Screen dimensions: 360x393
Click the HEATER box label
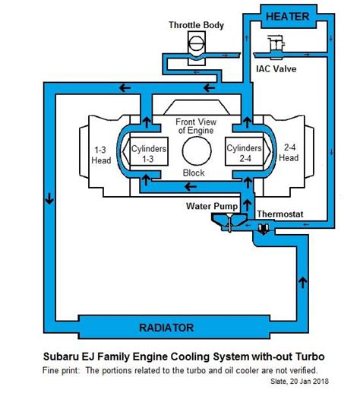[x=287, y=17]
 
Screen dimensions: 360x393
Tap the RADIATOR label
[x=166, y=328]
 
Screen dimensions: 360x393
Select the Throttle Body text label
[x=196, y=25]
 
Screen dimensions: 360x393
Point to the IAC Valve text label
[x=276, y=69]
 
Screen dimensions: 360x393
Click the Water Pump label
[x=212, y=206]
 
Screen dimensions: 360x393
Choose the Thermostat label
[x=280, y=214]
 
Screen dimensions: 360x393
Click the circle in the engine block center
[x=197, y=151]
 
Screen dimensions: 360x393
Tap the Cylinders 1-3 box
[x=149, y=151]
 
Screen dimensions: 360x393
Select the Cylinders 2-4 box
[x=245, y=151]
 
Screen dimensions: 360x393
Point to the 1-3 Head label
[x=101, y=155]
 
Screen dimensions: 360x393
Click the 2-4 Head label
[x=289, y=153]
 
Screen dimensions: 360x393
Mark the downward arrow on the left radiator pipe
[x=49, y=198]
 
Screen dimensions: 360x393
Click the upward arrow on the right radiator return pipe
[x=303, y=282]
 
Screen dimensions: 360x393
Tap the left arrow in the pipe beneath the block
[x=191, y=187]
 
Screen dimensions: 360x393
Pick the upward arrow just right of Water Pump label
[x=248, y=204]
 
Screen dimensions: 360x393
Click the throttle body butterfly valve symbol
[x=197, y=44]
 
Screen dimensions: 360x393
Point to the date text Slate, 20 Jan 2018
[x=299, y=381]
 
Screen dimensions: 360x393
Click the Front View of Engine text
[x=196, y=126]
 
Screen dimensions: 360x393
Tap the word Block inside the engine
[x=194, y=173]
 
